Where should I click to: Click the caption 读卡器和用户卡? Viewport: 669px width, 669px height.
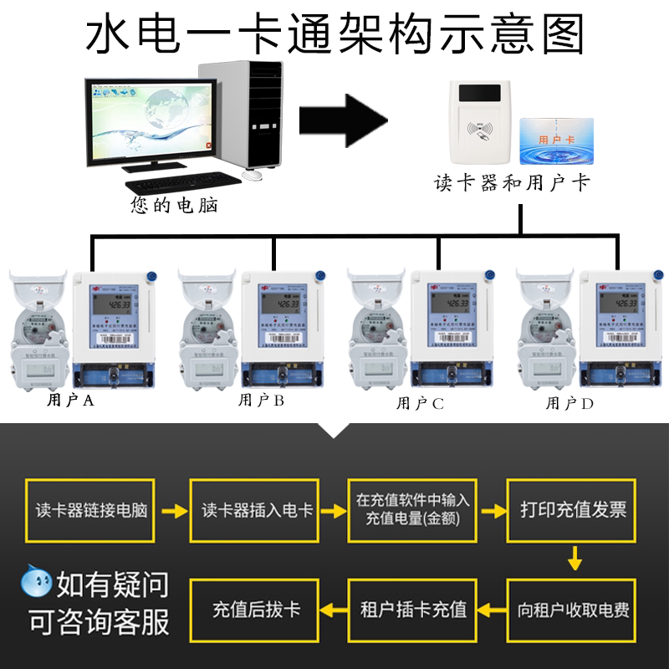coord(511,181)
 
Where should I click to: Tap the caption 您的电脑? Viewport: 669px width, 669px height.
coord(174,204)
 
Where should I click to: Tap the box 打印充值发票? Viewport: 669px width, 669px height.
coord(574,510)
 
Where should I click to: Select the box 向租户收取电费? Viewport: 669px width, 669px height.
coord(574,609)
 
